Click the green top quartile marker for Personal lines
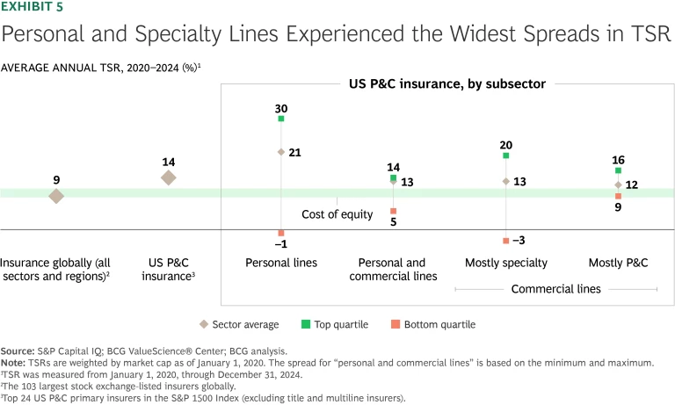pyautogui.click(x=281, y=119)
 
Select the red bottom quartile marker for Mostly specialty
pyautogui.click(x=505, y=240)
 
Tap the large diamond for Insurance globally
pyautogui.click(x=56, y=196)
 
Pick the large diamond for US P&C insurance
pyautogui.click(x=169, y=177)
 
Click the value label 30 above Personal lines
pyautogui.click(x=281, y=108)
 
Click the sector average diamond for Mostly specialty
pyautogui.click(x=505, y=181)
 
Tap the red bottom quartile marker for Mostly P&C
pyautogui.click(x=618, y=196)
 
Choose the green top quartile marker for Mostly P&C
pyautogui.click(x=618, y=170)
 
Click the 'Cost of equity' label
pyautogui.click(x=337, y=214)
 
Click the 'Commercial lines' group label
pyautogui.click(x=555, y=289)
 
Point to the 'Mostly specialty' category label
pyautogui.click(x=505, y=263)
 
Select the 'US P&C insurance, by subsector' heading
pyautogui.click(x=443, y=84)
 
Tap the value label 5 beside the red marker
pyautogui.click(x=393, y=222)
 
